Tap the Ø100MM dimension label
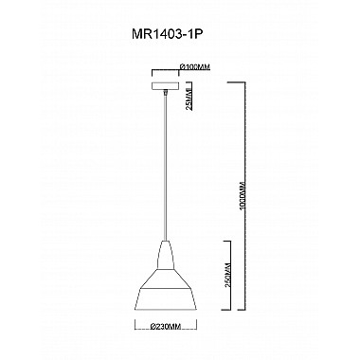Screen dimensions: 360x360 tap(194, 67)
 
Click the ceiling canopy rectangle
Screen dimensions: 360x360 tap(166, 83)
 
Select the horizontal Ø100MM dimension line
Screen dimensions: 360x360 tap(166, 72)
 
